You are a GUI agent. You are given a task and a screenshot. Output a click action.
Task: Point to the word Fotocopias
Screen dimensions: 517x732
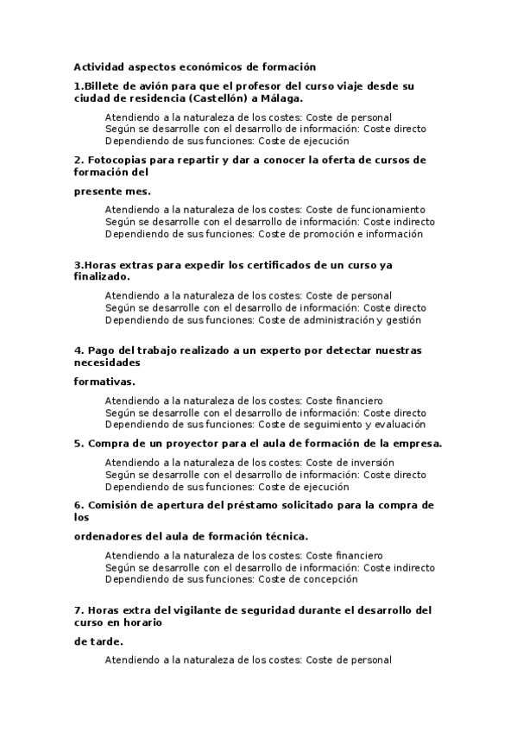coord(117,160)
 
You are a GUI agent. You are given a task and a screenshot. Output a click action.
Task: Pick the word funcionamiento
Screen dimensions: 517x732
coord(386,210)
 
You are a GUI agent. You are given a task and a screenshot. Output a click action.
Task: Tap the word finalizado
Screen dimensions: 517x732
coord(102,276)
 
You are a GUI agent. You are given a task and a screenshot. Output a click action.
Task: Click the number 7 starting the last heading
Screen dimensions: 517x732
coord(78,610)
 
